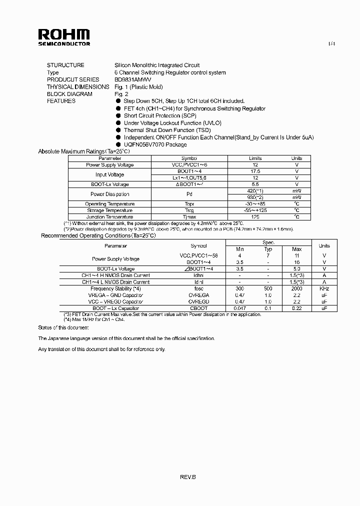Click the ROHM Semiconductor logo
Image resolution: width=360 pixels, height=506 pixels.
[64, 37]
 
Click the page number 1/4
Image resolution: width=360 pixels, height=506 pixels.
[331, 44]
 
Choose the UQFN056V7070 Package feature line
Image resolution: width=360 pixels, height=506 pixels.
[155, 144]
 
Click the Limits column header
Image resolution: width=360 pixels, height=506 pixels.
[255, 158]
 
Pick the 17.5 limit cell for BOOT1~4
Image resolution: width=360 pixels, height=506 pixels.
[255, 171]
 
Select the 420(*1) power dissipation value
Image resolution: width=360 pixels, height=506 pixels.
[255, 191]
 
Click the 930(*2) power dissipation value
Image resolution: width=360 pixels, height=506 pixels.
[255, 197]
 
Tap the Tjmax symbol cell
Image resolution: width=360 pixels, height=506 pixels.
[189, 217]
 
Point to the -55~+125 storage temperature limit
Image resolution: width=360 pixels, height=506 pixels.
[255, 210]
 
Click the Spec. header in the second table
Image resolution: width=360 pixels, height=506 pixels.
[268, 242]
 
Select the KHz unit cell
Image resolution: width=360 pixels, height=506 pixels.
[324, 288]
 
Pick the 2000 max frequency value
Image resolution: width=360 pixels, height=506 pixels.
[296, 288]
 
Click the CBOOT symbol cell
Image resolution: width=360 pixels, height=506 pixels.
[198, 308]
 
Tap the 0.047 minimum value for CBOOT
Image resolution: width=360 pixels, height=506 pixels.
[239, 308]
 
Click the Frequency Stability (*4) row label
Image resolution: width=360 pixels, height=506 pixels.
[115, 288]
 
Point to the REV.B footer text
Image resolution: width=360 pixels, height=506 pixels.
[188, 477]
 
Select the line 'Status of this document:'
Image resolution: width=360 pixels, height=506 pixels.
[63, 327]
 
